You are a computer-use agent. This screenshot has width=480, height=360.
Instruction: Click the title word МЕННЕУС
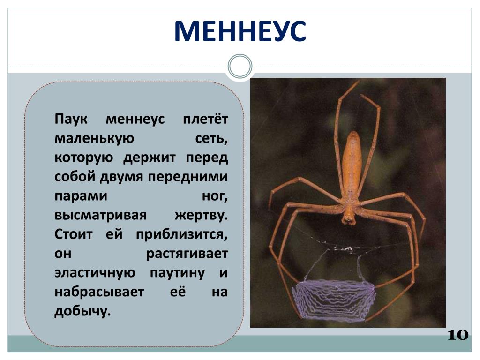[x=240, y=31]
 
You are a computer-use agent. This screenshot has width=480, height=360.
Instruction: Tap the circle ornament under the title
[x=240, y=66]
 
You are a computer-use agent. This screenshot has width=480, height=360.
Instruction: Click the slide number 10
[x=458, y=335]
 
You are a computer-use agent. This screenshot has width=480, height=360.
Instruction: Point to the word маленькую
[x=94, y=138]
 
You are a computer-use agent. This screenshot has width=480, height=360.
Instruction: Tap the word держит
[x=150, y=157]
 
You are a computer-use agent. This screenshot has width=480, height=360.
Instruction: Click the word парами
[x=81, y=196]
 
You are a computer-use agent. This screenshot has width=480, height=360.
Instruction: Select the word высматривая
[x=100, y=215]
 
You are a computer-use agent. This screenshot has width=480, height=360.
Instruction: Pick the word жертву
[x=202, y=215]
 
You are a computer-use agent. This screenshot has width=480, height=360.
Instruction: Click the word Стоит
[x=74, y=234]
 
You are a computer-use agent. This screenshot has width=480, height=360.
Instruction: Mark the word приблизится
[x=182, y=235]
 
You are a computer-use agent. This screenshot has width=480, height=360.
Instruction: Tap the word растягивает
[x=187, y=254]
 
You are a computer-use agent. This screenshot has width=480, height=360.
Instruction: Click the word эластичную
[x=95, y=272]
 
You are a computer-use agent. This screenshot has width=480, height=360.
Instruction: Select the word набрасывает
[x=99, y=292]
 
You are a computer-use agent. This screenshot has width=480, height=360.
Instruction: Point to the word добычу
[x=82, y=311]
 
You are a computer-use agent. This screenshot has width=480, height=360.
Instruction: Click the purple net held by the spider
[x=334, y=300]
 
